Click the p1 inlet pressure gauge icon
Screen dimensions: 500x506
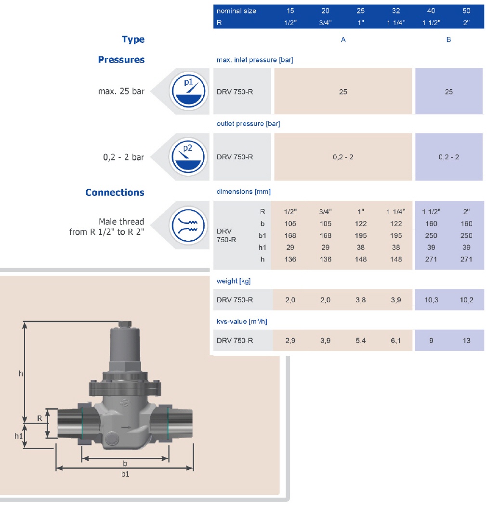188,91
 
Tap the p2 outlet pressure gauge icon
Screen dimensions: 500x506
188,157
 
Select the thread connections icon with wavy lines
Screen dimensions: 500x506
188,225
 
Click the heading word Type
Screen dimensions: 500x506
133,39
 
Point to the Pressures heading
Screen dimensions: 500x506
121,60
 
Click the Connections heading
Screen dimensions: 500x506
115,192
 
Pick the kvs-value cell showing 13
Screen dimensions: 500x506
466,340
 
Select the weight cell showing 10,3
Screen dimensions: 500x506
431,300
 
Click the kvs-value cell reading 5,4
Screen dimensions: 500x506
361,340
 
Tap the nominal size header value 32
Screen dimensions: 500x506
396,11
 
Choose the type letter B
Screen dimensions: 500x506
448,39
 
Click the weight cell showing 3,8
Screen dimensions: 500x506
361,300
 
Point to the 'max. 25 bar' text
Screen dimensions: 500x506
121,91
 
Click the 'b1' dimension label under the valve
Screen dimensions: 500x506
125,474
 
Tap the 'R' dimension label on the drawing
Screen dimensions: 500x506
39,418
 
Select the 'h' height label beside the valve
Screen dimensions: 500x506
21,374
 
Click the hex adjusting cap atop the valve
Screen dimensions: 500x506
125,324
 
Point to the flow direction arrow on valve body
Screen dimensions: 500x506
126,427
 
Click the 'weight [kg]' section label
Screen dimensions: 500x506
233,281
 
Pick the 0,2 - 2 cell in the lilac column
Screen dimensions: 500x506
448,157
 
